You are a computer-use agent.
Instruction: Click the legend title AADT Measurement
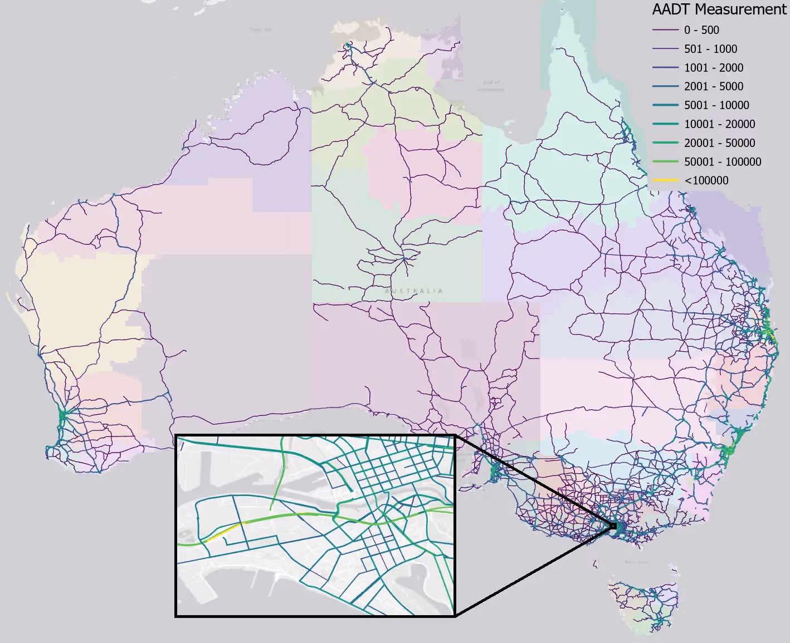tap(719, 9)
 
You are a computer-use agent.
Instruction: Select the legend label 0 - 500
tap(701, 30)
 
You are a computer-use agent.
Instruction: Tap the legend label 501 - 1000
tap(710, 49)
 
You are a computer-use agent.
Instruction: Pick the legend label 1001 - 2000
tap(714, 68)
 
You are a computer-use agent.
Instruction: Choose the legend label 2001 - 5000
tap(714, 86)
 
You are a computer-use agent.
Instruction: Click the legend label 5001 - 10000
tap(716, 105)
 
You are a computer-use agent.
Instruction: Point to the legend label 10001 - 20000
tap(720, 124)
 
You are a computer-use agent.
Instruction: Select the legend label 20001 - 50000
tap(720, 143)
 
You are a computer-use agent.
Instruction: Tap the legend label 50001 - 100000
tap(723, 162)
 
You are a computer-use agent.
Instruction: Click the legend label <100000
tap(706, 180)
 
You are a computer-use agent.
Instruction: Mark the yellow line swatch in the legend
tap(665, 180)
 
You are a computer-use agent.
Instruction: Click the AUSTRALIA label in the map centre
tap(414, 291)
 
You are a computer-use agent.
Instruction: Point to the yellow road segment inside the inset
tap(223, 533)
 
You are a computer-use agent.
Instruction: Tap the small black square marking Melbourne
tap(613, 526)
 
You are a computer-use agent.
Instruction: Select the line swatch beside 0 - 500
tap(665, 30)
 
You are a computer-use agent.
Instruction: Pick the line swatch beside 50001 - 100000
tap(665, 162)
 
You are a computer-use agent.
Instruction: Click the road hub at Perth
tap(62, 415)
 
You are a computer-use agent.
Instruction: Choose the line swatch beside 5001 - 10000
tap(665, 105)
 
